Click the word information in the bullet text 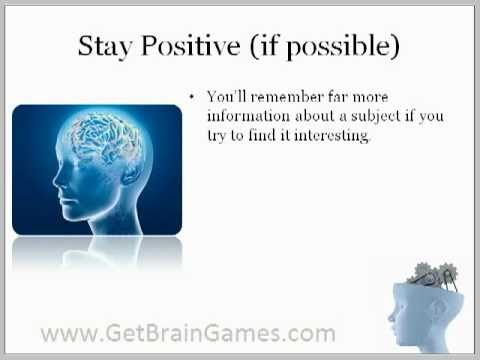click(246, 116)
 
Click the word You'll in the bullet click(226, 97)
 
